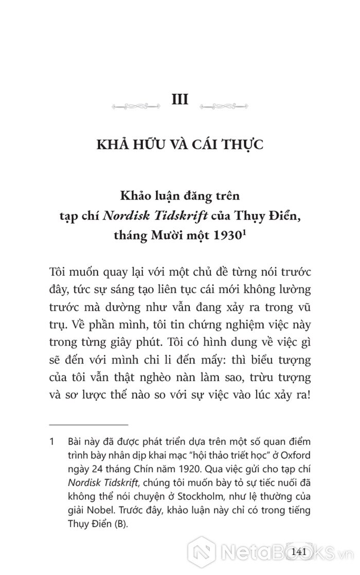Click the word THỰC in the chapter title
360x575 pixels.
pos(243,145)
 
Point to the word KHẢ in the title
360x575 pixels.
pos(112,145)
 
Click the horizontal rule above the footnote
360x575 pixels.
pos(88,425)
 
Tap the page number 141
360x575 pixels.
pos(299,552)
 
